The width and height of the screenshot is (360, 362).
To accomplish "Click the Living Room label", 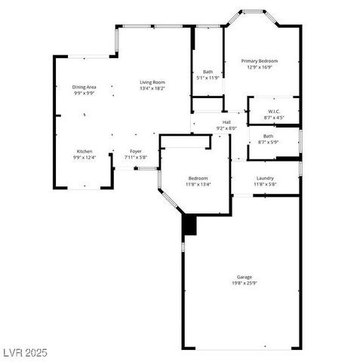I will click(x=152, y=82).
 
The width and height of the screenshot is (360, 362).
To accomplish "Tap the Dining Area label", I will click(x=84, y=87).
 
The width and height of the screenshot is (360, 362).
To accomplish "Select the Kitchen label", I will click(x=85, y=152).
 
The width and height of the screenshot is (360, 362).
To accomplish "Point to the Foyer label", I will click(x=136, y=152).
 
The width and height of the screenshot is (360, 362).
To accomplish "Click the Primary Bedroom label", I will click(x=260, y=60).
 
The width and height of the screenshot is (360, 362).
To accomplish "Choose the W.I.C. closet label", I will click(x=274, y=112).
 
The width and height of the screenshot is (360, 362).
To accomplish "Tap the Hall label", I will click(x=226, y=122).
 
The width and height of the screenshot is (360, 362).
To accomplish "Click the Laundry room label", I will click(x=265, y=178).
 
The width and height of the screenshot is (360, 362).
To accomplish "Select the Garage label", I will click(x=244, y=278).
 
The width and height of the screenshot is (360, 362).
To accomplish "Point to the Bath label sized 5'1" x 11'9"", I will click(x=208, y=72).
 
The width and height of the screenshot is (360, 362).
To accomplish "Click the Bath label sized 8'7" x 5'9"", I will click(x=268, y=136).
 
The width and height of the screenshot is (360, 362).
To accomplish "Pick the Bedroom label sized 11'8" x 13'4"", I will click(x=198, y=178).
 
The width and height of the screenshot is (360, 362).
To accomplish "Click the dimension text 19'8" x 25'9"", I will click(x=244, y=284).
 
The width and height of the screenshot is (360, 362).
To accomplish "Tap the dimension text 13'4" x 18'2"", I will click(x=152, y=88).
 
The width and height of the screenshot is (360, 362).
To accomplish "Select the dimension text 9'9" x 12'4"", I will click(x=85, y=158).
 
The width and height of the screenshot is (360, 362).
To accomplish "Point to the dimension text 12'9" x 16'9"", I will click(x=260, y=66).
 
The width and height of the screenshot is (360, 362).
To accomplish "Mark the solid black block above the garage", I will click(x=189, y=225).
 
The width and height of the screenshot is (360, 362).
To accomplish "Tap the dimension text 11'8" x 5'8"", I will click(x=265, y=184).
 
